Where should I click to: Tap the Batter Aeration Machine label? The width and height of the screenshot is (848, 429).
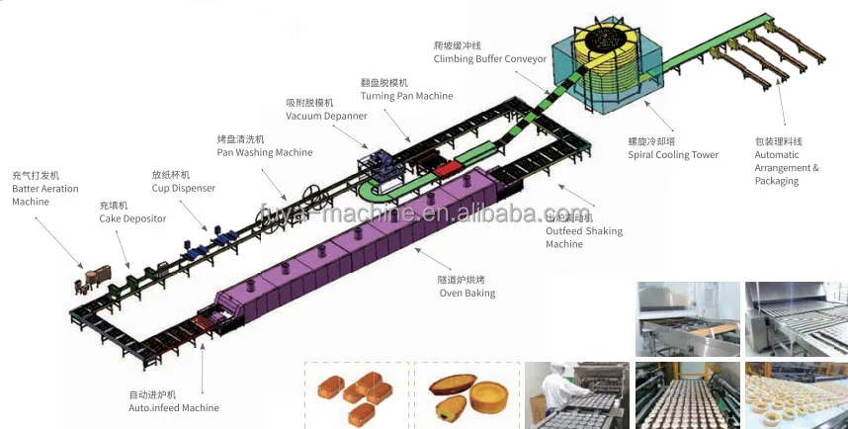point(44,188)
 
